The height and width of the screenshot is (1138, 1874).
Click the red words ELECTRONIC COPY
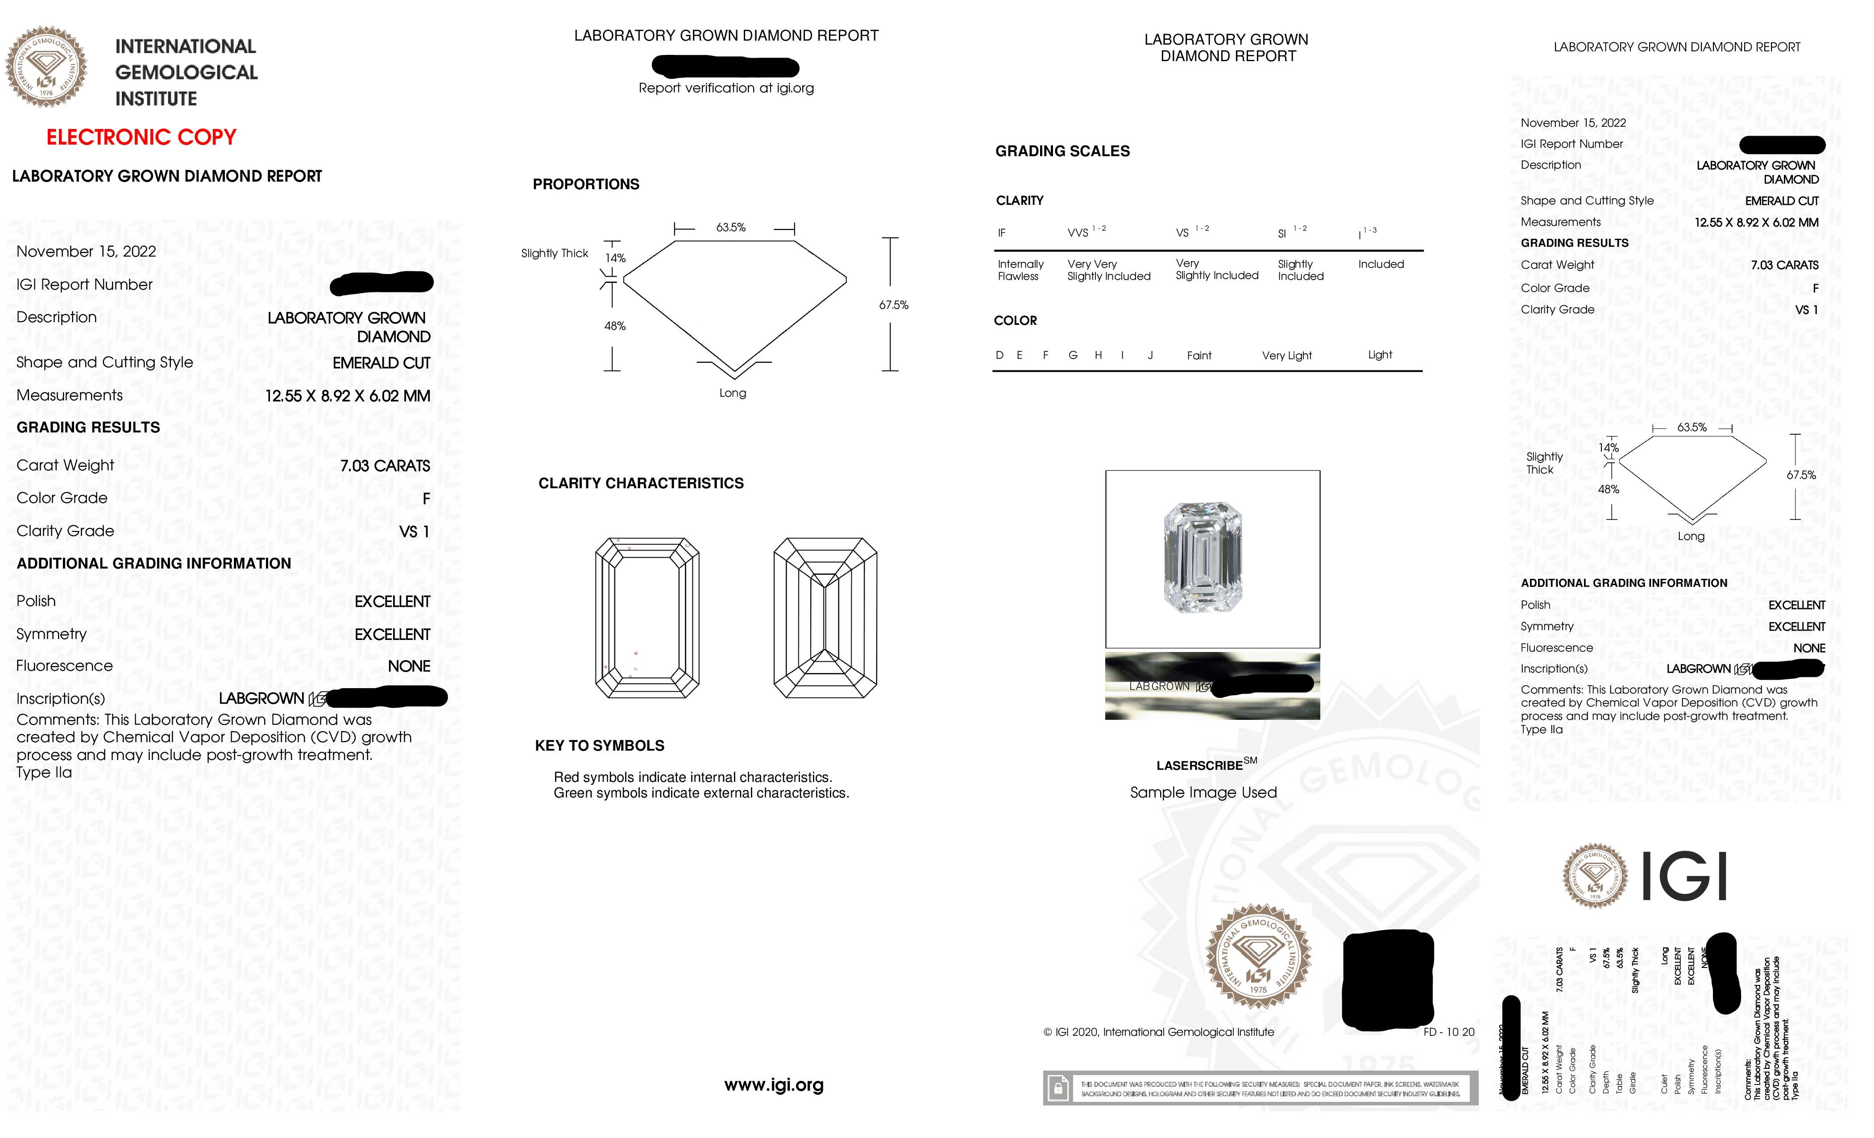coord(141,138)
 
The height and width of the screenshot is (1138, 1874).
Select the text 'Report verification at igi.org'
coord(726,88)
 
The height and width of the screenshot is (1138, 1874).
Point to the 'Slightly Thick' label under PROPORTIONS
coord(555,253)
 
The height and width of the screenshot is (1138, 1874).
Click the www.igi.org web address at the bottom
coord(774,1085)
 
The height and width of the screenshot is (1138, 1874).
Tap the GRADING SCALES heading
coord(1062,151)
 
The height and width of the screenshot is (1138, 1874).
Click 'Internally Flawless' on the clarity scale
coord(1020,270)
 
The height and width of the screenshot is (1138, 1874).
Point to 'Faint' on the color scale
coord(1198,355)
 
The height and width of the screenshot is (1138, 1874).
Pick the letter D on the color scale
coord(999,355)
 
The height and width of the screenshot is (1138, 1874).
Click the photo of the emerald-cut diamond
coord(1203,557)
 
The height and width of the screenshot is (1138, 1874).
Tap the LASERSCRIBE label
coord(1199,766)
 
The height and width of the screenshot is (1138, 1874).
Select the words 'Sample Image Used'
coord(1203,793)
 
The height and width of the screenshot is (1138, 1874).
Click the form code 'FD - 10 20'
coord(1448,1032)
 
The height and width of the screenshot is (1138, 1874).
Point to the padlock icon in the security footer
coord(1057,1088)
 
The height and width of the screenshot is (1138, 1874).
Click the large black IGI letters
coord(1684,876)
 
